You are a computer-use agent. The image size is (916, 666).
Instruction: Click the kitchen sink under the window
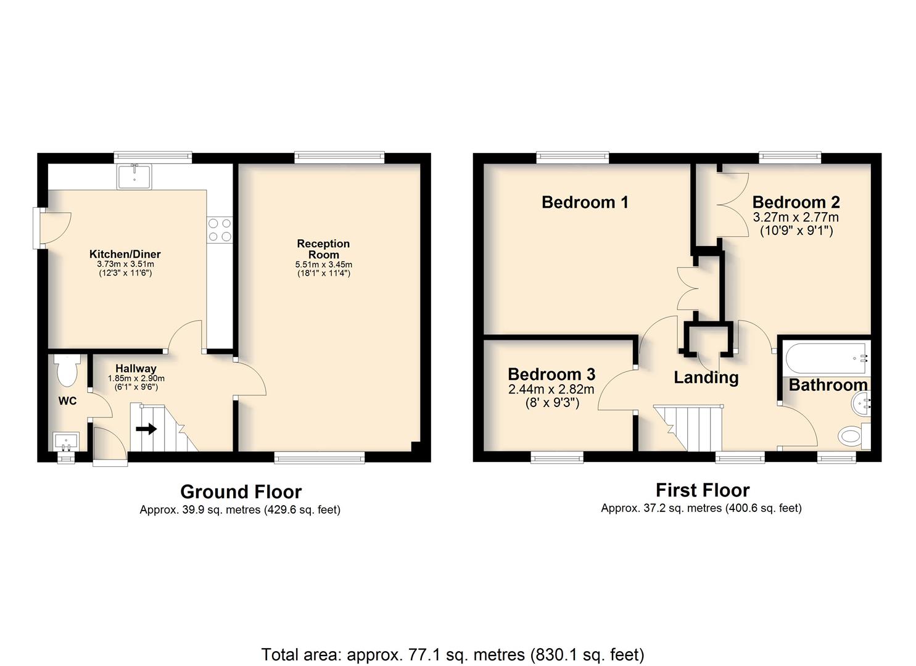(x=134, y=176)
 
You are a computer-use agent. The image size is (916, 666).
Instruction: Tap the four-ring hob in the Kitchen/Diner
(x=220, y=230)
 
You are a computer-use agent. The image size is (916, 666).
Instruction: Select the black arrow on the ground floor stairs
(x=146, y=429)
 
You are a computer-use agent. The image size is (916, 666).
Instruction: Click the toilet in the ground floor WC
(x=67, y=370)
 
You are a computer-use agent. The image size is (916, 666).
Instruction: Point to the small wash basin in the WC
(x=66, y=441)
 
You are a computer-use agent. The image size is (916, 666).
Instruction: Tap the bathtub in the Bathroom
(x=827, y=358)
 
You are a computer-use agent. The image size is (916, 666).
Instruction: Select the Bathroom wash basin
(x=861, y=403)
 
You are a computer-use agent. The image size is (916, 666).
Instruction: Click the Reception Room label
(x=323, y=249)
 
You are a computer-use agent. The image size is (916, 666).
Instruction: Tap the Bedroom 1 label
(x=585, y=202)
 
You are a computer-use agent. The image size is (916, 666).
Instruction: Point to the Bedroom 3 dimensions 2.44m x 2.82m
(x=551, y=389)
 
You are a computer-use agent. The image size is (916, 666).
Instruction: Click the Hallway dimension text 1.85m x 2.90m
(x=136, y=379)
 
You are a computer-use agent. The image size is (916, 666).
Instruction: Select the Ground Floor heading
(x=241, y=492)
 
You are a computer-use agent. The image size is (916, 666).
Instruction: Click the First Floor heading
(x=703, y=490)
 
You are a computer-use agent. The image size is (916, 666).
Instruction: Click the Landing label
(x=706, y=377)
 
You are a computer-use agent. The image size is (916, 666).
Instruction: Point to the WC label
(x=67, y=401)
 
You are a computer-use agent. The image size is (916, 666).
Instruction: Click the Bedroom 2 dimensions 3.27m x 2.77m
(x=796, y=216)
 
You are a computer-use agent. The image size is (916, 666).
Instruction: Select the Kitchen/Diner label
(x=125, y=254)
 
